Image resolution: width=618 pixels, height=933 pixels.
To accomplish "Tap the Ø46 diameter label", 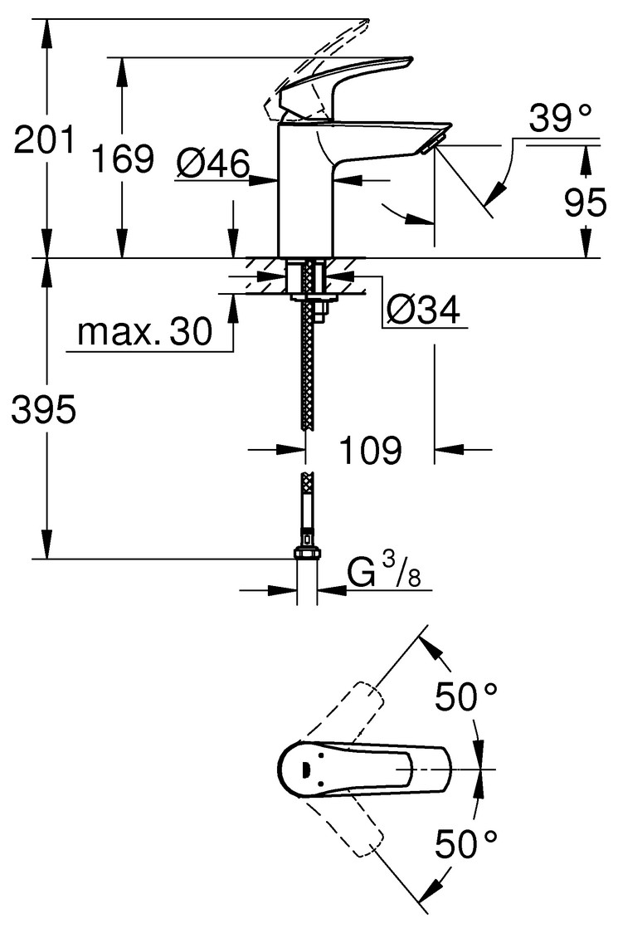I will pyautogui.click(x=212, y=166).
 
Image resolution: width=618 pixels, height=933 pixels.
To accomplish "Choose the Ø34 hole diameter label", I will pyautogui.click(x=423, y=310).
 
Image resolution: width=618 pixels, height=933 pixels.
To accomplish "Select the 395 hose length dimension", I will pyautogui.click(x=44, y=409).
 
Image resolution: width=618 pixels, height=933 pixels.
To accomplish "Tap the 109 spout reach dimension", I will pyautogui.click(x=370, y=450).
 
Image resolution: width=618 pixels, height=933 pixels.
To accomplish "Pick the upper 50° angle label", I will pyautogui.click(x=466, y=697).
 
